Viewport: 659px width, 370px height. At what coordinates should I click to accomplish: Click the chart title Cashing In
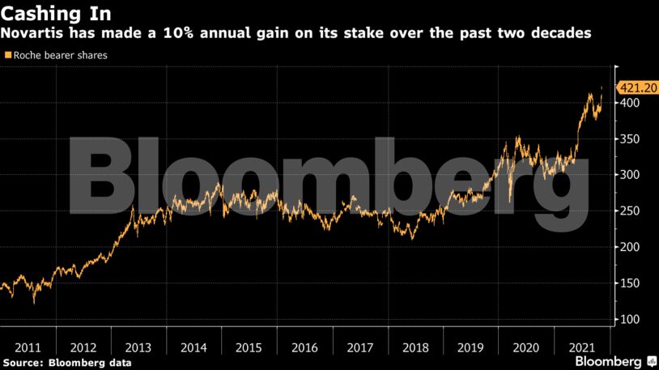pos(57,14)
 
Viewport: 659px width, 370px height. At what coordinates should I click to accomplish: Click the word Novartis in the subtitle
pos(34,34)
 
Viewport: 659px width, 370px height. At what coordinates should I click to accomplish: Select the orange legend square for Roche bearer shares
pos(8,55)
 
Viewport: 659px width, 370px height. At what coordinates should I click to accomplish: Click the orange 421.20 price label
pos(636,88)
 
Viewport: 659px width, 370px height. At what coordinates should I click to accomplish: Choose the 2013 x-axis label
pos(138,347)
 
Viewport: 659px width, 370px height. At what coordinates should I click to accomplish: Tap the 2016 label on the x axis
pos(304,347)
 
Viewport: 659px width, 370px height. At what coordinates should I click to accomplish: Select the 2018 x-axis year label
pos(415,347)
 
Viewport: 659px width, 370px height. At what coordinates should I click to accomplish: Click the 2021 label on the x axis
pos(580,347)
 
